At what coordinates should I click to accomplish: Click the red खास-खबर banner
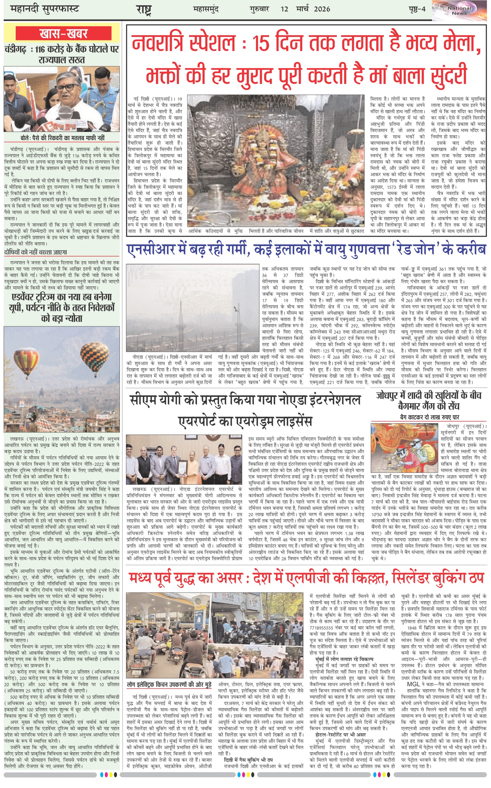[x=64, y=33]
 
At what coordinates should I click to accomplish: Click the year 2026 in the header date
[x=322, y=9]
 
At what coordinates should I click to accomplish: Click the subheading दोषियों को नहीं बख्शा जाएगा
[x=36, y=252]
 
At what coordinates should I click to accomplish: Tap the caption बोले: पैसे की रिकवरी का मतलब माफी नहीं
[x=62, y=138]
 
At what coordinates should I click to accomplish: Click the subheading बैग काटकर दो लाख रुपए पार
[x=429, y=417]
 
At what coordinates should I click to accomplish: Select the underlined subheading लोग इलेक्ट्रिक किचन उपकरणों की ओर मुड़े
[x=169, y=685]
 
